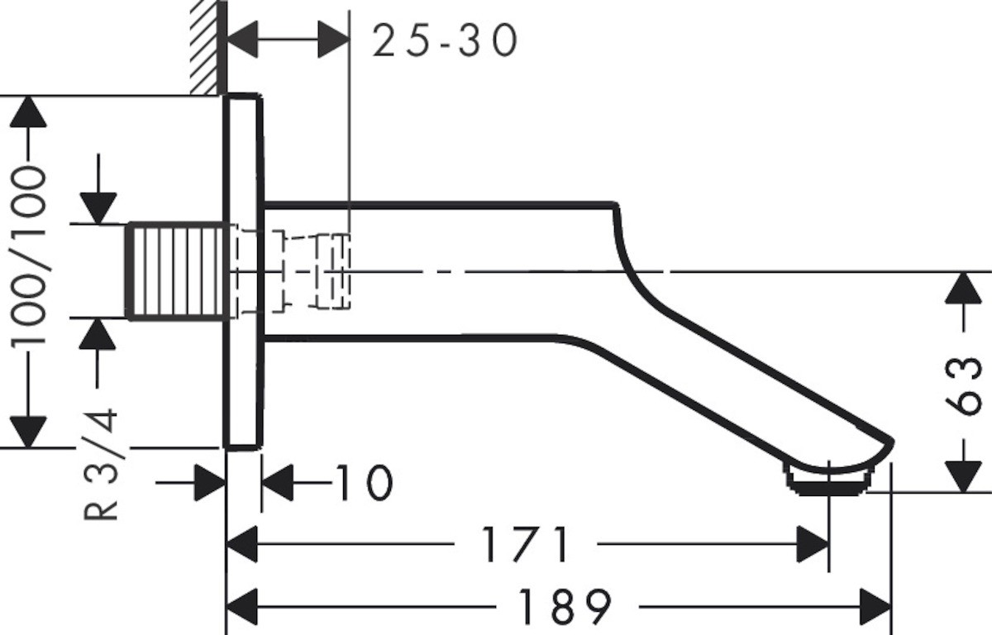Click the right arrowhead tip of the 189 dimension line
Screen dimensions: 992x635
pos(890,607)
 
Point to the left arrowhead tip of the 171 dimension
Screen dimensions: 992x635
pos(227,544)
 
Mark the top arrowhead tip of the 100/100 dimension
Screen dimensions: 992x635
pos(28,96)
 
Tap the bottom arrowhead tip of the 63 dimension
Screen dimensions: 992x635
pos(963,492)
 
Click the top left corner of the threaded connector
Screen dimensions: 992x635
pos(126,224)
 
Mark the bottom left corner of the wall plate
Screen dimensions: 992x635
pos(224,449)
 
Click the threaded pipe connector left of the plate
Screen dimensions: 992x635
pos(178,271)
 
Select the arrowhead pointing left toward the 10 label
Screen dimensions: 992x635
pos(277,483)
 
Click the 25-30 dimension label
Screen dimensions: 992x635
pos(445,41)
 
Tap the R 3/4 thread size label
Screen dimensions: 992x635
pos(101,464)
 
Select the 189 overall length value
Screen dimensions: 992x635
pos(565,606)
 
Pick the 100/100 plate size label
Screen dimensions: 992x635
pos(28,257)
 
